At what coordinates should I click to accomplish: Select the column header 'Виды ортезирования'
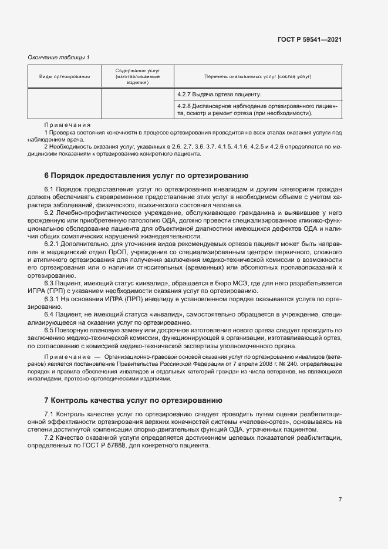click(x=65, y=77)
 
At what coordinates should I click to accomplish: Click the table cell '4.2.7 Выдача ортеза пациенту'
click(x=219, y=94)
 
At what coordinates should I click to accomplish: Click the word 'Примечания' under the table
click(x=68, y=124)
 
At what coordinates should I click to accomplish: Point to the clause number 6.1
click(x=49, y=190)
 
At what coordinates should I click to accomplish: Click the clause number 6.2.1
click(x=52, y=243)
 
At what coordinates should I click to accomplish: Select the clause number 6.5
click(x=49, y=331)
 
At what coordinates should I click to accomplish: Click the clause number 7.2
click(x=49, y=438)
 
